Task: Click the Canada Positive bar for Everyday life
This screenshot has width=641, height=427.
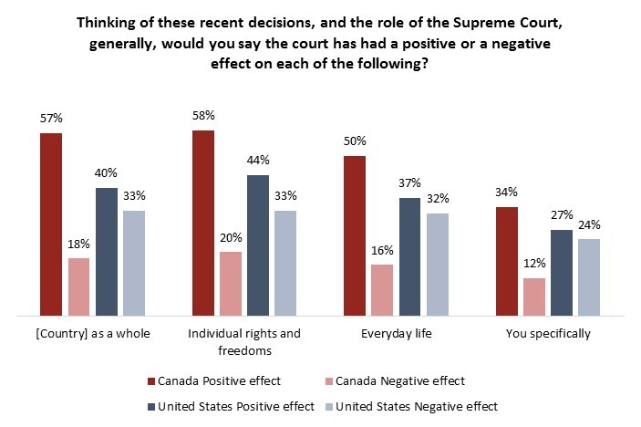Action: click(354, 235)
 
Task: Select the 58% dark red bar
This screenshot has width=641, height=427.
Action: click(202, 223)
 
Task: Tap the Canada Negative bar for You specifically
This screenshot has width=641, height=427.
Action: click(534, 297)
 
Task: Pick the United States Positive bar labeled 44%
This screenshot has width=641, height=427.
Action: click(258, 245)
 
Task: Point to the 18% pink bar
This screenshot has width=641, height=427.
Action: click(79, 286)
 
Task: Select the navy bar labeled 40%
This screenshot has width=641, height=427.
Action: click(107, 251)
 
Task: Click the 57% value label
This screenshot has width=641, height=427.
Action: click(51, 119)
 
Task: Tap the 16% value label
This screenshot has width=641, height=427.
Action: click(382, 250)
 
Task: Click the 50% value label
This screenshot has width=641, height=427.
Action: click(354, 141)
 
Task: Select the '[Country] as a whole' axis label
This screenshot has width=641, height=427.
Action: click(91, 333)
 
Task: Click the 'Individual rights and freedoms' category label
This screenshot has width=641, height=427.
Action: click(243, 341)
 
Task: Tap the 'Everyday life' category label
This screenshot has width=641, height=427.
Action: click(395, 333)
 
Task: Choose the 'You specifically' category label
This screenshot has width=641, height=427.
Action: click(548, 333)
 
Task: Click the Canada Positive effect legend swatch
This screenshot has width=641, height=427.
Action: click(151, 381)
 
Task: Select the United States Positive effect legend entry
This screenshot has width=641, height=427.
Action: click(230, 406)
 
